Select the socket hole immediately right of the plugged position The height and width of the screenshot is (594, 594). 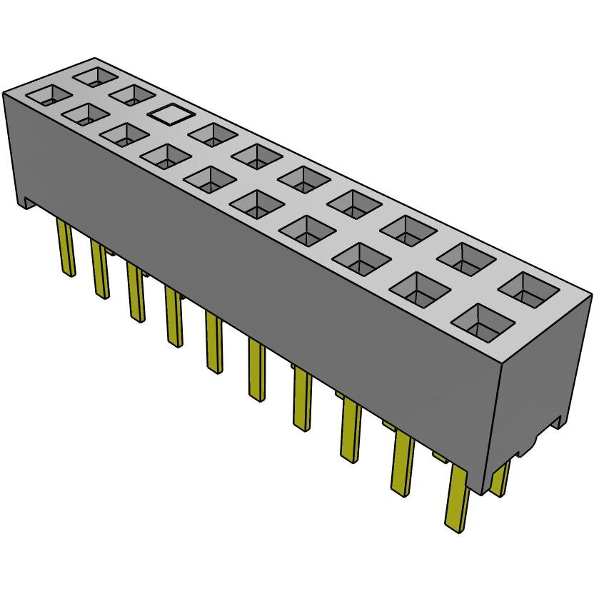tap(213, 134)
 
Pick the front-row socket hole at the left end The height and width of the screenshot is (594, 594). tap(48, 95)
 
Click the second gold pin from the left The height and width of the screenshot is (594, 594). tap(99, 270)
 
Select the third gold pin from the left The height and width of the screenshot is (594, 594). tap(135, 293)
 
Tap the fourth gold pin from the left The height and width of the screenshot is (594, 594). tap(173, 317)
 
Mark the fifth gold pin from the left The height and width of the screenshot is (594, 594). tap(213, 342)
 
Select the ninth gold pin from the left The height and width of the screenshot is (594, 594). tap(403, 464)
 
